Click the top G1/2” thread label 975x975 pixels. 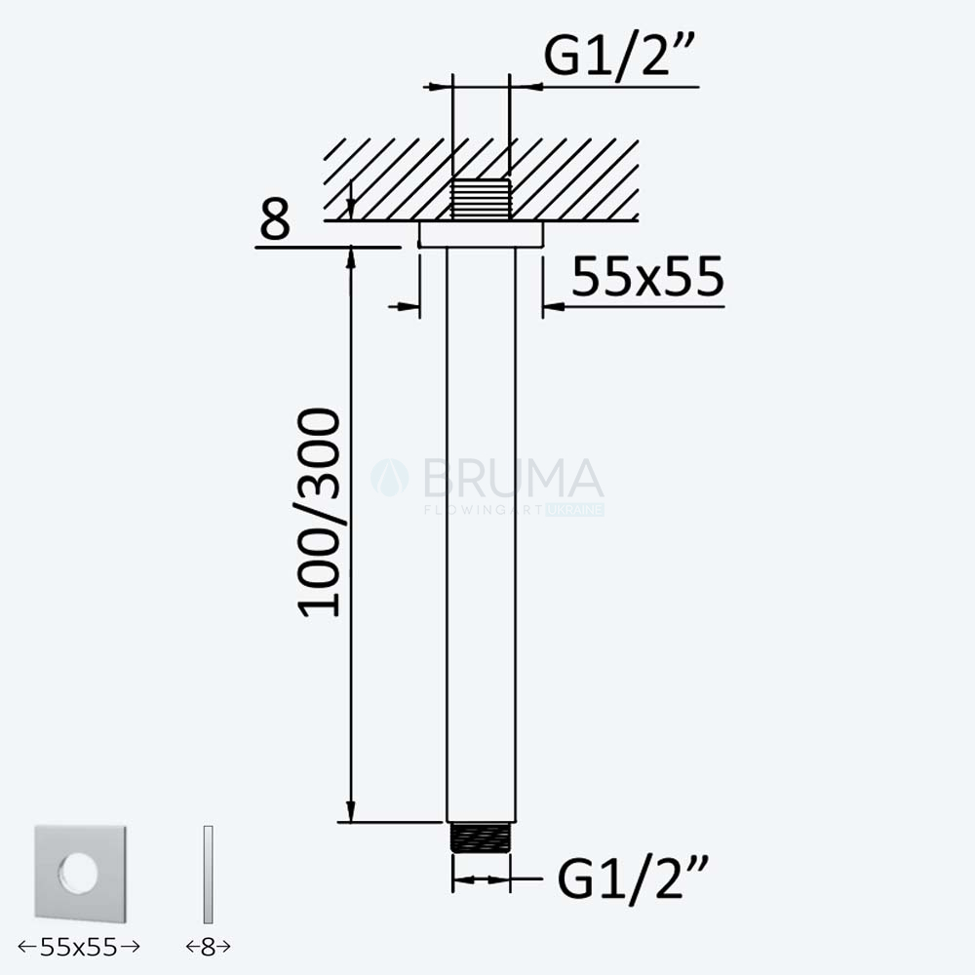(x=619, y=56)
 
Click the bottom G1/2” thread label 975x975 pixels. (x=633, y=878)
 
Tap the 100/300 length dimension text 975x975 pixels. (x=319, y=513)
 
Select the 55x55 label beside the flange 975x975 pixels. (x=648, y=276)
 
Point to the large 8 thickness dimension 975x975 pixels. (x=275, y=218)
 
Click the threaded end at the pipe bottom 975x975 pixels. (x=481, y=838)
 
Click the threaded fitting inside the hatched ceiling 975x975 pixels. (x=481, y=200)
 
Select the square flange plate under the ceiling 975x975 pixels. (x=481, y=234)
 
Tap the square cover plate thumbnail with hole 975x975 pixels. (x=80, y=874)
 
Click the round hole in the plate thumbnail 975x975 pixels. (x=79, y=873)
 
